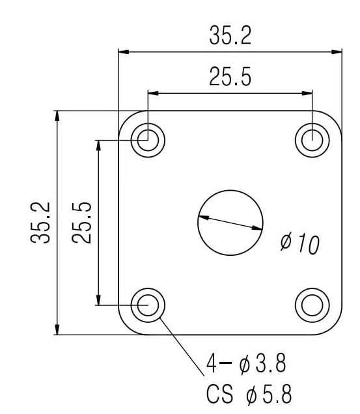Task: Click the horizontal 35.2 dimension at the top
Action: tap(230, 36)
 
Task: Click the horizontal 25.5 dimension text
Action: tap(230, 77)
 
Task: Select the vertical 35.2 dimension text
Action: tap(40, 222)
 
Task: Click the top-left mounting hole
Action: tap(148, 139)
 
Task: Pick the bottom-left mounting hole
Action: tap(148, 304)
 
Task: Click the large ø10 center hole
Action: tap(230, 222)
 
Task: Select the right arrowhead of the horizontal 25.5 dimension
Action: tap(307, 93)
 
